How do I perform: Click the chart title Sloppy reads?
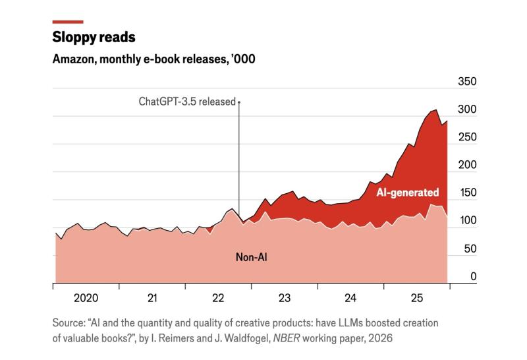point(94,37)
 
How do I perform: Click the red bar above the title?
point(68,22)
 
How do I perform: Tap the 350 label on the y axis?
point(467,81)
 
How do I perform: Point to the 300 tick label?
point(467,109)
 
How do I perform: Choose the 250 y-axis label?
point(467,137)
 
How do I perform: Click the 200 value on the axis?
point(467,165)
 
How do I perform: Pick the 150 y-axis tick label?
point(467,193)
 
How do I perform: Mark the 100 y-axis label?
point(467,220)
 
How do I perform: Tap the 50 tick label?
point(470,249)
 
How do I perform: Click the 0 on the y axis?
point(474,276)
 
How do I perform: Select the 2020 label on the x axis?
point(86,298)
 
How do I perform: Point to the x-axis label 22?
point(218,298)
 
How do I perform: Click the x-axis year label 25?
point(417,298)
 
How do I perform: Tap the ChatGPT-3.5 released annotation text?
point(187,102)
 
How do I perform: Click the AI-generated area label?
point(408,192)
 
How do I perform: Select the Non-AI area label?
point(252,257)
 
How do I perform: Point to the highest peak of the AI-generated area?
point(436,109)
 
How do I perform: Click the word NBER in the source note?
point(287,338)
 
